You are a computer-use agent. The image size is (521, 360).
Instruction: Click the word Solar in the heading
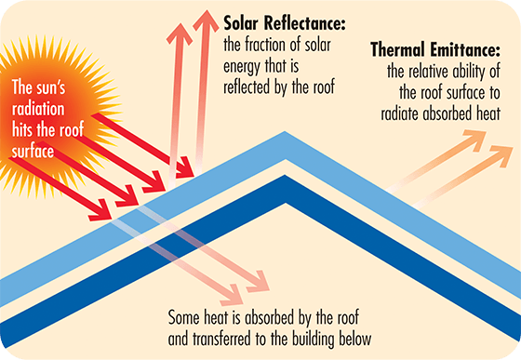coord(241,23)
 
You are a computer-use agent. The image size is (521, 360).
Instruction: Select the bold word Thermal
coord(397,49)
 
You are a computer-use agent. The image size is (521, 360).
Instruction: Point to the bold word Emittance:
coord(464,49)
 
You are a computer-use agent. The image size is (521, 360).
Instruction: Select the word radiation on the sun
coord(38,109)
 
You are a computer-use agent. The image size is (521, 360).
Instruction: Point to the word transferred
coord(221,340)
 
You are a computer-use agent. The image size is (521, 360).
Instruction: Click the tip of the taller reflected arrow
coord(207,10)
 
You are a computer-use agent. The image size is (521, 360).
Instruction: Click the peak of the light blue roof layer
coord(285,131)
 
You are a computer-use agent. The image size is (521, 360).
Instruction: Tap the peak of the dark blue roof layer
coord(285,175)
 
